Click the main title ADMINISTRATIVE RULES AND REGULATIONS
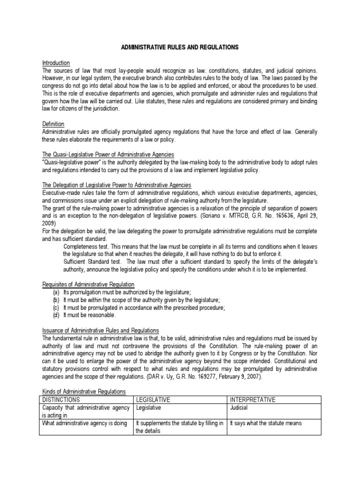(x=180, y=47)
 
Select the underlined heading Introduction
(x=56, y=63)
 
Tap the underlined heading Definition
(x=53, y=124)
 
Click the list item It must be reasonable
(x=90, y=315)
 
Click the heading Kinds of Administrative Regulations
(x=83, y=392)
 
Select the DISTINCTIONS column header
(x=61, y=400)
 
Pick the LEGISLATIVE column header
(x=152, y=400)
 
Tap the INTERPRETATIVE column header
(x=252, y=400)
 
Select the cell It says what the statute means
(x=265, y=423)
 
